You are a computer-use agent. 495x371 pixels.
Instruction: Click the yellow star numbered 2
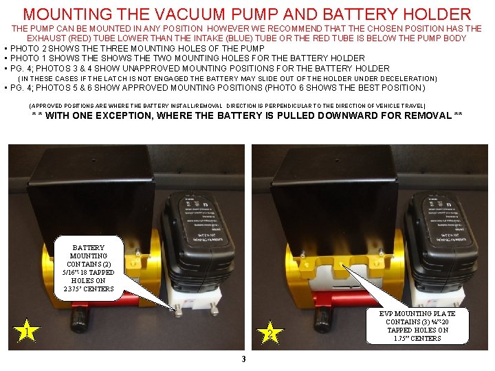coord(271,333)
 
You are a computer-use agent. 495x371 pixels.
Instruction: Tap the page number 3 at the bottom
coord(243,359)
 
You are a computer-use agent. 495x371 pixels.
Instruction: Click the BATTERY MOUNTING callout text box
coord(88,268)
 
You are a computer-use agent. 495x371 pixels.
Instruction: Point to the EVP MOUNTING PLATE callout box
coord(417,326)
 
